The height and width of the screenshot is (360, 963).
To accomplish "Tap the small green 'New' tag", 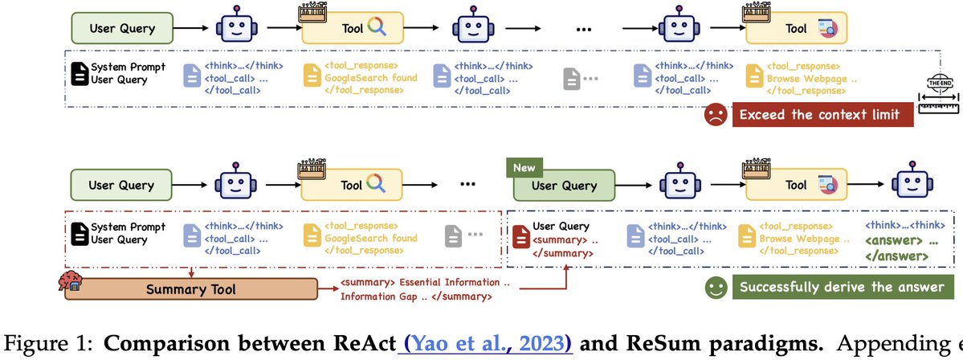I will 524,168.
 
